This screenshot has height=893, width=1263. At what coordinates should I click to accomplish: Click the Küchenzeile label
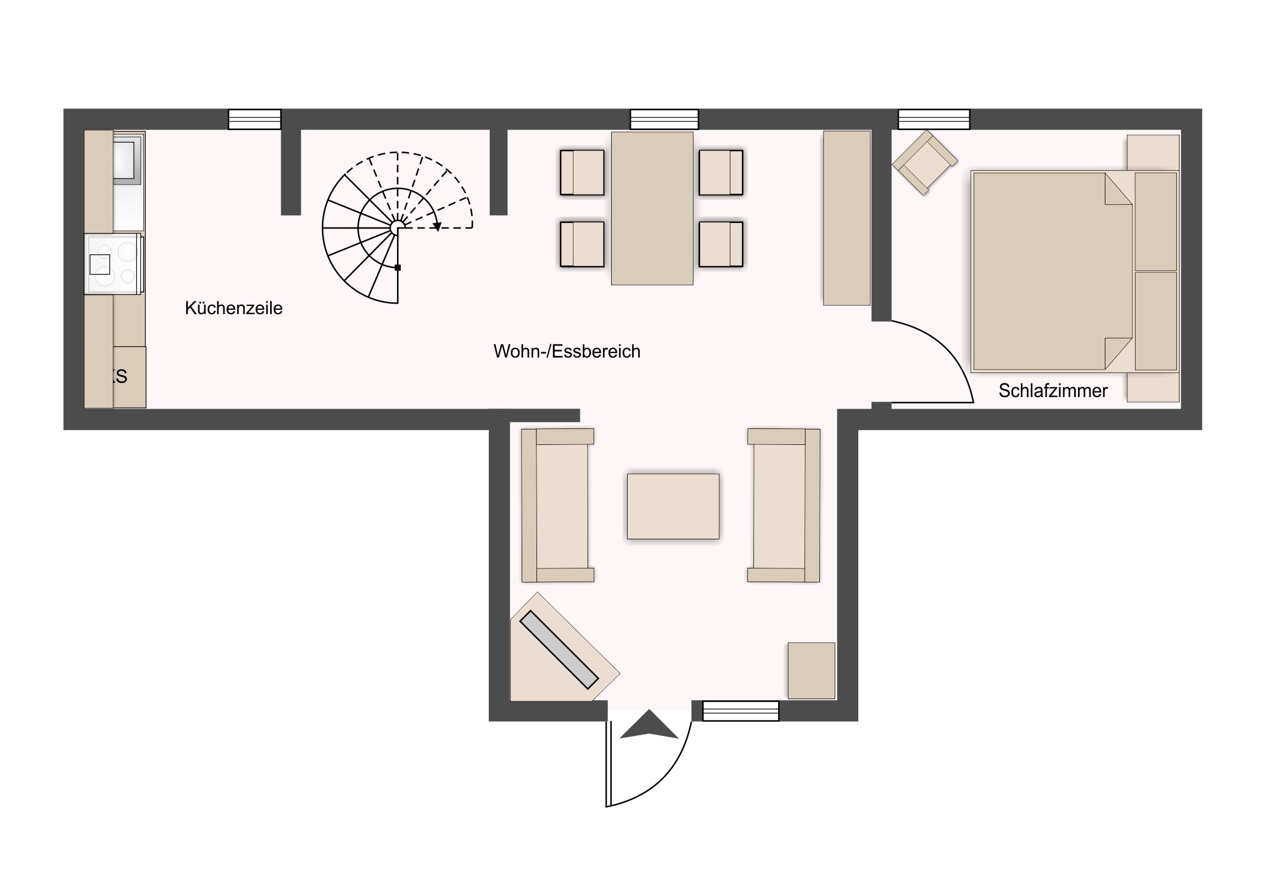click(x=233, y=308)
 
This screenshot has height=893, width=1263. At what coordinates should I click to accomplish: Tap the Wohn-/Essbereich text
click(x=567, y=351)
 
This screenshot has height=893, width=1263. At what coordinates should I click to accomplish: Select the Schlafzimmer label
click(x=1053, y=390)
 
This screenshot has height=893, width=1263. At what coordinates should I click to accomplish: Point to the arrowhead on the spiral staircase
click(x=437, y=226)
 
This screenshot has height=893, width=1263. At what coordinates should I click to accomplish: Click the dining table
click(x=652, y=208)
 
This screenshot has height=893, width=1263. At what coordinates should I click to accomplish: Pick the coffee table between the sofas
click(x=673, y=506)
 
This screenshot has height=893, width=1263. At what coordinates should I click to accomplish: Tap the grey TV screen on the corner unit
click(x=559, y=649)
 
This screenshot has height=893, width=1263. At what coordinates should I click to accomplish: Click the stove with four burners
click(x=113, y=264)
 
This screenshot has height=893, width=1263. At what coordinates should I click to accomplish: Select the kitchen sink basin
click(x=127, y=159)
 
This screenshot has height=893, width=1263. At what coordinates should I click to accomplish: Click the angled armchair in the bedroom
click(x=925, y=163)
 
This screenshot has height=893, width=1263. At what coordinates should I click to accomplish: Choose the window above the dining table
click(x=664, y=119)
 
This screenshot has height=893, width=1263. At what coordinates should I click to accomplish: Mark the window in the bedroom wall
click(x=934, y=119)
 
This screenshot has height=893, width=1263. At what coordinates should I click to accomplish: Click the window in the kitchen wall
click(x=255, y=119)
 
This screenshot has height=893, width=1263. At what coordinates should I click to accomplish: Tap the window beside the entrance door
click(x=741, y=711)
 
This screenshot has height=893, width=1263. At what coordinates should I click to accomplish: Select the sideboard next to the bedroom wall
click(x=847, y=218)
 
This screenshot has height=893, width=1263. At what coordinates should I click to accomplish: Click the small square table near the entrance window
click(x=812, y=671)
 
